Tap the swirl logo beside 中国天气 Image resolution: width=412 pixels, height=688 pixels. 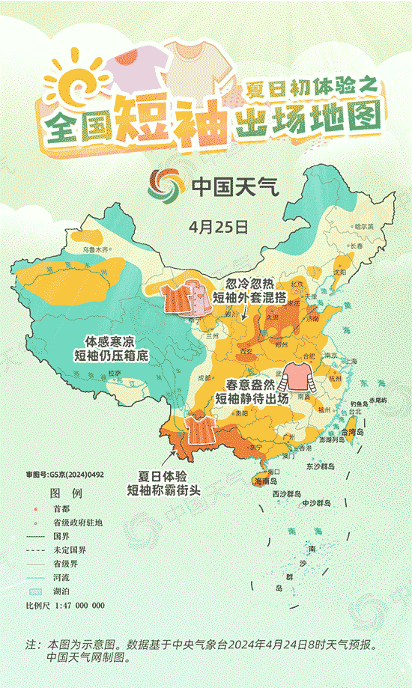(x=166, y=185)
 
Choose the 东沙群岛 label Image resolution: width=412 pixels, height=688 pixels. (x=323, y=466)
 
